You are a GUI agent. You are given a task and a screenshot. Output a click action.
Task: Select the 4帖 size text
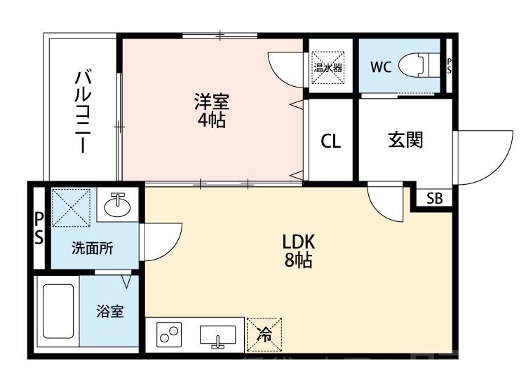tap(211, 120)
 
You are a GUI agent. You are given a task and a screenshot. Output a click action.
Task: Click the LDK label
tap(299, 242)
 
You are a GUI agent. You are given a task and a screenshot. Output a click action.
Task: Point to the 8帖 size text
tap(299, 262)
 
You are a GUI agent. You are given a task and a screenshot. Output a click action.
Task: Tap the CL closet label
tap(331, 141)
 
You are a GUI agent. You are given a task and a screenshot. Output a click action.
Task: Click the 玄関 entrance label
tap(405, 140)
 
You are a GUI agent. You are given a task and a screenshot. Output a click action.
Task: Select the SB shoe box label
tap(435, 198)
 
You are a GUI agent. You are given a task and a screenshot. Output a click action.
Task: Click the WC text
tap(381, 67)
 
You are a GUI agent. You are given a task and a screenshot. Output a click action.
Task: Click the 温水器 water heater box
tap(328, 67)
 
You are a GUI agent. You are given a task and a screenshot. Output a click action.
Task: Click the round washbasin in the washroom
tap(118, 207)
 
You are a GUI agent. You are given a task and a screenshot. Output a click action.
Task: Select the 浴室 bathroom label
tap(110, 311)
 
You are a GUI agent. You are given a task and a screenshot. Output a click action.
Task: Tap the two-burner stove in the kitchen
tap(169, 335)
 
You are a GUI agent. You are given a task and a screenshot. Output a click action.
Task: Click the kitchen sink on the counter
tap(217, 336)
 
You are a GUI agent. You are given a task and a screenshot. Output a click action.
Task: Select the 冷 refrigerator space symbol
tap(264, 335)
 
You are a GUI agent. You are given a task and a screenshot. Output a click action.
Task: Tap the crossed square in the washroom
tap(72, 208)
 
